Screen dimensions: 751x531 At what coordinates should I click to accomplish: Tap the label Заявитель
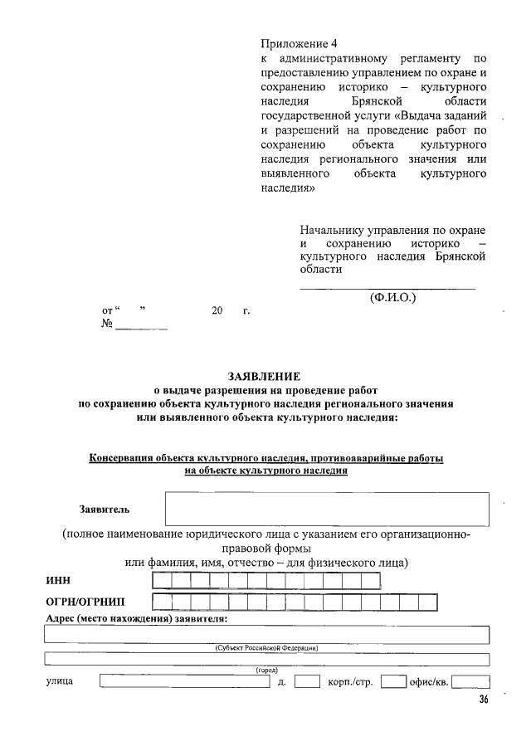pyautogui.click(x=104, y=509)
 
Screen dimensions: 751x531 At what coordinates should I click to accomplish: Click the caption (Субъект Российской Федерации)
pyautogui.click(x=265, y=647)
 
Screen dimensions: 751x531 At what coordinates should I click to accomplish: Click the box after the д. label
pyautogui.click(x=307, y=683)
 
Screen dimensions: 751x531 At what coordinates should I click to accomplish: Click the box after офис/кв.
pyautogui.click(x=470, y=683)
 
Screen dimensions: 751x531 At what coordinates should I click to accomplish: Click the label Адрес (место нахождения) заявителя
pyautogui.click(x=135, y=619)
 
